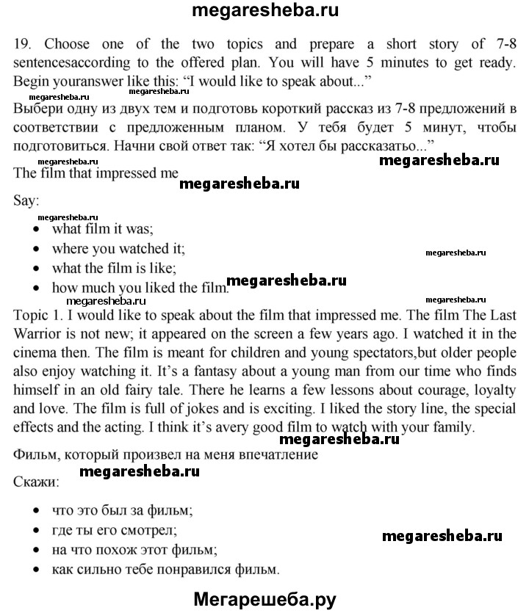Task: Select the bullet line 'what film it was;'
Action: coord(101,229)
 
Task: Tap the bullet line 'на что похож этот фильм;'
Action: coord(135,549)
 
